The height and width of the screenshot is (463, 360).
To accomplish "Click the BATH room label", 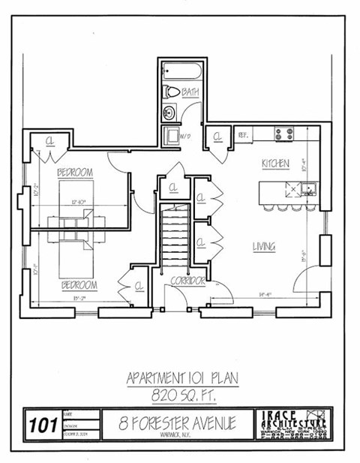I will pos(190,93).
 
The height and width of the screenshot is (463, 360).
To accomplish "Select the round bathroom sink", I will pos(169,113).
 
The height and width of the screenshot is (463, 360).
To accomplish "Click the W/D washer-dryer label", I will pos(174,136).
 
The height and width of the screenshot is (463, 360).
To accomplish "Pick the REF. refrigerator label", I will pos(243,135).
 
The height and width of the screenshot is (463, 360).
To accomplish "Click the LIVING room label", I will pos(263,246).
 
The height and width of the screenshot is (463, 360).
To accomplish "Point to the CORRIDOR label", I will pos(187,280).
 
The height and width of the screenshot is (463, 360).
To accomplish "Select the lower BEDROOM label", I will pos(79,285).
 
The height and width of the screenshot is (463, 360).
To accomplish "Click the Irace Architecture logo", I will pos(295,424).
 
